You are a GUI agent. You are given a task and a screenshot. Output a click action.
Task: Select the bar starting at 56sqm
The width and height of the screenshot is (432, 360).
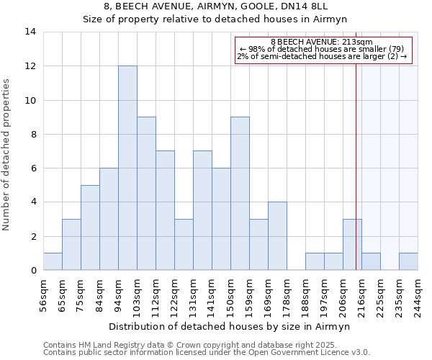click(53, 261)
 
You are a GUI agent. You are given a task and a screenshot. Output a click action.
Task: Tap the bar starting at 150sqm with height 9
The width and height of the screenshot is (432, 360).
click(240, 194)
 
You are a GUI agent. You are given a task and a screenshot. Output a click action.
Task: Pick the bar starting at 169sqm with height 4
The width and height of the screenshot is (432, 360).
click(277, 236)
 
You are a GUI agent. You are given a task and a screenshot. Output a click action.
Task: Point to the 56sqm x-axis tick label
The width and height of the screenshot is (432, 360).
click(44, 293)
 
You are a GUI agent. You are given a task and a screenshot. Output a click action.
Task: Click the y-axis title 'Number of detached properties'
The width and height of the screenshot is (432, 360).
click(6, 155)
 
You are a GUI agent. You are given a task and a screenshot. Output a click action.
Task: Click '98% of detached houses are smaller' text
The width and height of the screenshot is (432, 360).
click(322, 49)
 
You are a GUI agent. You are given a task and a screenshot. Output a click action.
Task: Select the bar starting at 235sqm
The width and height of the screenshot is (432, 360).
click(408, 261)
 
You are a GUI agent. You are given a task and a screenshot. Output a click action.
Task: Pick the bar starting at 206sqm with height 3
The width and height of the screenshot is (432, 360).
click(352, 245)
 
